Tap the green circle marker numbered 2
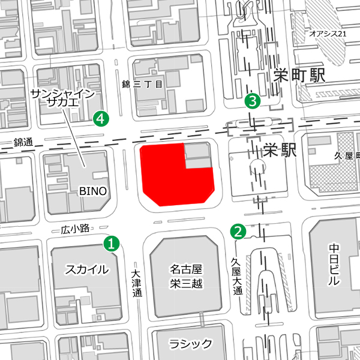239,230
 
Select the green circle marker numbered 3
253,101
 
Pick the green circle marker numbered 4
102,119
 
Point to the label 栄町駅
298,76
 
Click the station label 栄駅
280,149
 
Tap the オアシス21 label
328,34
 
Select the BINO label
93,191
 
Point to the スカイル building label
87,269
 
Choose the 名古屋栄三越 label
185,275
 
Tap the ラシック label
190,344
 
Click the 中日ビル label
334,264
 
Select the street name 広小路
74,229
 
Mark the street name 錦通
24,143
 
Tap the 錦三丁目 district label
142,85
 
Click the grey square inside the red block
197,155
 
